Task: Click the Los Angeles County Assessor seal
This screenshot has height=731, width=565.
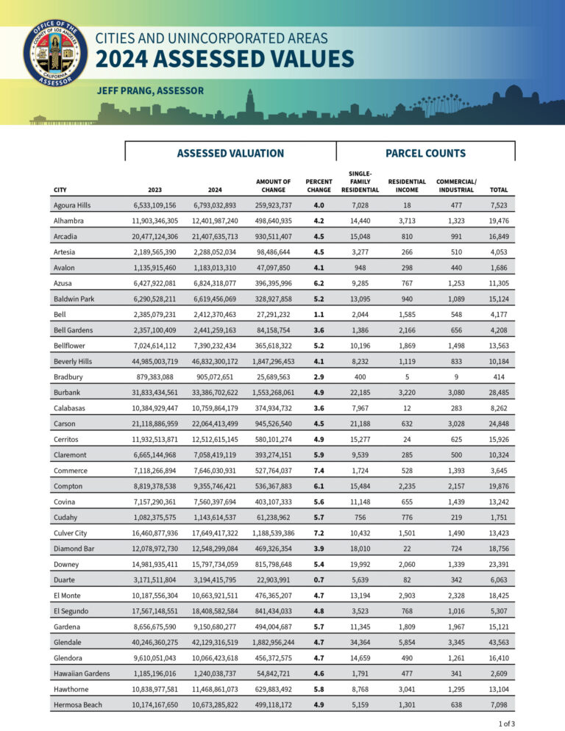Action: coord(55,54)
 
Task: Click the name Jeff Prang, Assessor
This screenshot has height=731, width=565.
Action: coord(150,90)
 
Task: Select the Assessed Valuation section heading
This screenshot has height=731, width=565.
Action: coord(230,153)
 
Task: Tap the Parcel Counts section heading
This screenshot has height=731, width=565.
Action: coord(425,153)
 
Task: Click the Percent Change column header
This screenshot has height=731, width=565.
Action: coord(319,185)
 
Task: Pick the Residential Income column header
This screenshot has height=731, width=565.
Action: coord(407,185)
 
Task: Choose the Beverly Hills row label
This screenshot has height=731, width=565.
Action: coord(74,361)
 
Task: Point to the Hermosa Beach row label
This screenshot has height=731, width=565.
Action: coord(78,705)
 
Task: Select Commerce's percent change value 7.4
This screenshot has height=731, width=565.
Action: coord(319,470)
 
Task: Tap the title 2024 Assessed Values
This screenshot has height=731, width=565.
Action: coord(225,59)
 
